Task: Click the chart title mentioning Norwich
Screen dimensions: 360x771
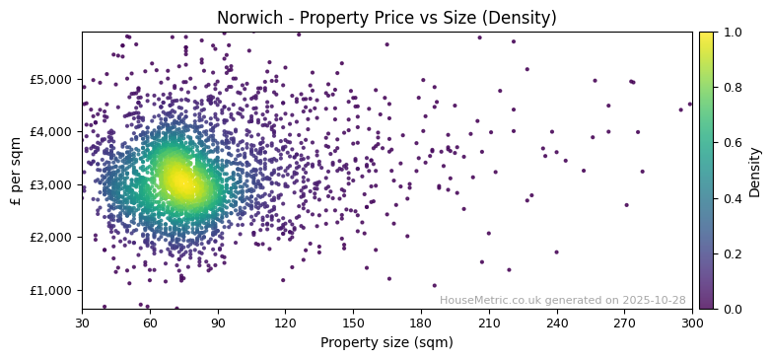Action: (386, 18)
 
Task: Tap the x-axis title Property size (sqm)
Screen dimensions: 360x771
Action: (386, 343)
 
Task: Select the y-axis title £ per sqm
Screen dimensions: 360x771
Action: (16, 171)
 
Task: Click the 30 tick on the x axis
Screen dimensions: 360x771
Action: (82, 323)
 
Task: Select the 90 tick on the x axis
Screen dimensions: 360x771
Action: (217, 323)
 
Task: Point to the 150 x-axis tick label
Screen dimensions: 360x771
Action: (353, 323)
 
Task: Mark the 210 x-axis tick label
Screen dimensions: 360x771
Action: (489, 323)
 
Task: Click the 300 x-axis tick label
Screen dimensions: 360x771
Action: (692, 323)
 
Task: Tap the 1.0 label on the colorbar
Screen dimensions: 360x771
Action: (731, 33)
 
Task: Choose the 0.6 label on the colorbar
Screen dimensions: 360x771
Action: (731, 143)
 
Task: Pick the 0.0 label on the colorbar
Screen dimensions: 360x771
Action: (731, 309)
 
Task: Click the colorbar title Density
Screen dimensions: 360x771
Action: (755, 171)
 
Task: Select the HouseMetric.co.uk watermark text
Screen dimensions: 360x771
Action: (562, 300)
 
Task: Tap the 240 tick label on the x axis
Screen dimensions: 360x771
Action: (557, 323)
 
